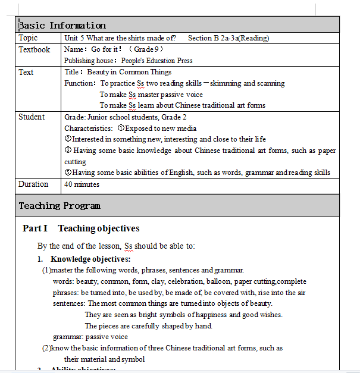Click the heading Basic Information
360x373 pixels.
(62, 25)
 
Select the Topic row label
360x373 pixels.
(28, 38)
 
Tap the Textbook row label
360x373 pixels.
(34, 50)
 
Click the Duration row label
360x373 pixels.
(33, 184)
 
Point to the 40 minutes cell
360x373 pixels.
(82, 184)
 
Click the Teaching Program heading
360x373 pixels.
(60, 206)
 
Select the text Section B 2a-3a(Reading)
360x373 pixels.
(228, 38)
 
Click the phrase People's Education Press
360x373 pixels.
(157, 61)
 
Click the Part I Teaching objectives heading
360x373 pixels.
(81, 228)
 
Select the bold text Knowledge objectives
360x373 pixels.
(90, 259)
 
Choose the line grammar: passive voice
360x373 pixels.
(90, 337)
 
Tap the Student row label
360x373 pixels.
(32, 117)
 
